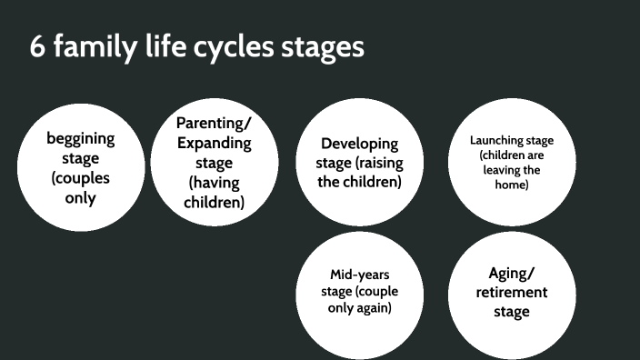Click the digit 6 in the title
[37, 47]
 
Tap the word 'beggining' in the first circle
[81, 139]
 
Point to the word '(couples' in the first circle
[81, 179]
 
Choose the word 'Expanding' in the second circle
[215, 143]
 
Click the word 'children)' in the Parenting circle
[215, 203]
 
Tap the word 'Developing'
[360, 144]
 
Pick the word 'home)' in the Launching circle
[512, 185]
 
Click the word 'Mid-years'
[359, 274]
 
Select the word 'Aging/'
[512, 273]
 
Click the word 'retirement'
[512, 292]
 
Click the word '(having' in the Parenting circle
[215, 183]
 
